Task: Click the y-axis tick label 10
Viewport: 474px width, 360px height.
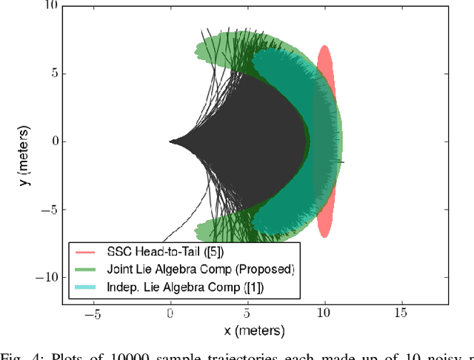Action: [x=49, y=5]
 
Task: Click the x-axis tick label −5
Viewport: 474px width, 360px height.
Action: [x=93, y=314]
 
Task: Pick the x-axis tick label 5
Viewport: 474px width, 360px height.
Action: [x=247, y=314]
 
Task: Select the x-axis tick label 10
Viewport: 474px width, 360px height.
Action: [x=324, y=314]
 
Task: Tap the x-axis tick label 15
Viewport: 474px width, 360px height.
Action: [x=401, y=314]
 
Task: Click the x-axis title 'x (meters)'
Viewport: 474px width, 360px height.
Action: [x=248, y=329]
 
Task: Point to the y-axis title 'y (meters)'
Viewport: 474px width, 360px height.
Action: [x=25, y=154]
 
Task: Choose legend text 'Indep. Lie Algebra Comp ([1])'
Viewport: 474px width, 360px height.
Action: [x=185, y=286]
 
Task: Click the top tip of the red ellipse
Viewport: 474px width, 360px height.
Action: [x=324, y=46]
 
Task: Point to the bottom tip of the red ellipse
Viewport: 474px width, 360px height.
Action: [x=324, y=237]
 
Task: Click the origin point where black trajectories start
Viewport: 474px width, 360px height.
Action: [x=170, y=141]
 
